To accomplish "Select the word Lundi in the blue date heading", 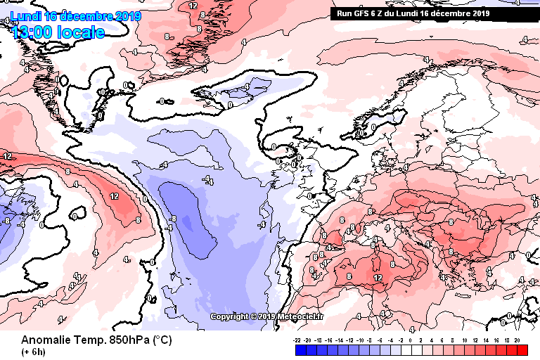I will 25,16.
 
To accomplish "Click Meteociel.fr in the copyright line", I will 302,316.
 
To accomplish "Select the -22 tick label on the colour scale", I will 298,339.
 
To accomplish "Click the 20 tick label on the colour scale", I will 517,339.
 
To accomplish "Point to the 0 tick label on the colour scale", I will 410,339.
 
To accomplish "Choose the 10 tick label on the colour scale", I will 465,339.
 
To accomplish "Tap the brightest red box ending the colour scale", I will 522,349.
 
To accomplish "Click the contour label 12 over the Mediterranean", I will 378,278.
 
